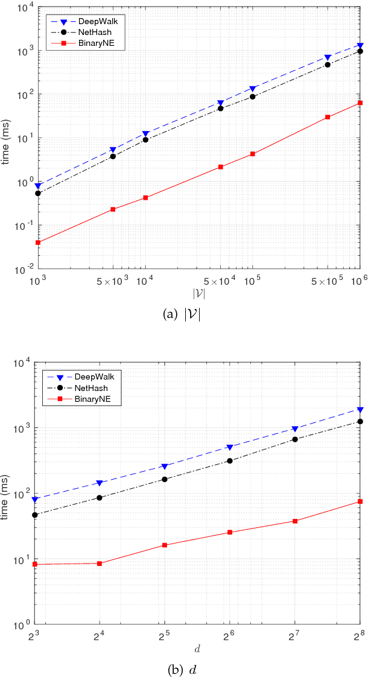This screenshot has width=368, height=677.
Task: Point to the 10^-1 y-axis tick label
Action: click(28, 225)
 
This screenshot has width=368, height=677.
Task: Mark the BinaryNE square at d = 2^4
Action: click(100, 563)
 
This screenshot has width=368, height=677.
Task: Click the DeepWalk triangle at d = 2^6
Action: click(230, 447)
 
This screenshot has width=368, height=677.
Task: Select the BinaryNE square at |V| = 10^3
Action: click(38, 242)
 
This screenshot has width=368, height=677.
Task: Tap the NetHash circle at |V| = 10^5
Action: click(253, 97)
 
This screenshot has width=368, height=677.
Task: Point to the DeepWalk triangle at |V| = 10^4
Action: click(145, 133)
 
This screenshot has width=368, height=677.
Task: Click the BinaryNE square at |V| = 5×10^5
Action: click(328, 117)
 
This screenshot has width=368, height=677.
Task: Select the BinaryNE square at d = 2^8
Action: click(360, 501)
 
